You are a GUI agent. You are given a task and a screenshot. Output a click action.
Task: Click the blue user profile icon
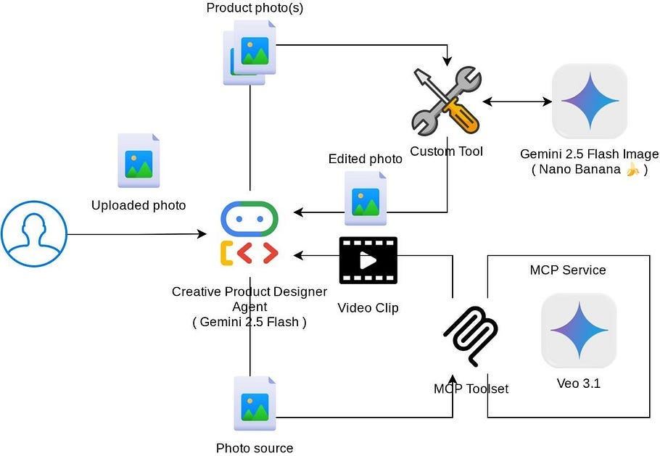click(x=34, y=234)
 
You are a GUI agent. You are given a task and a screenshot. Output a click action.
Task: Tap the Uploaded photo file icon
click(x=139, y=160)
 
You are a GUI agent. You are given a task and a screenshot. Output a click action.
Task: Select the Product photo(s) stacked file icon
click(x=249, y=53)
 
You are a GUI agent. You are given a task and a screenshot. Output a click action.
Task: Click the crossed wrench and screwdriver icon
click(x=447, y=101)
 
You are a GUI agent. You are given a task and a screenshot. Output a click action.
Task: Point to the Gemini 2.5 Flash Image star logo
click(x=590, y=101)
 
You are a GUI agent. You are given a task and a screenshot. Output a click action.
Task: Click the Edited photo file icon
click(x=366, y=198)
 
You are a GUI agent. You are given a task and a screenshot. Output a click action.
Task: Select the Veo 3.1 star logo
click(x=579, y=331)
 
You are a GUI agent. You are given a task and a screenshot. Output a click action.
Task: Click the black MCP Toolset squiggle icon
click(x=471, y=336)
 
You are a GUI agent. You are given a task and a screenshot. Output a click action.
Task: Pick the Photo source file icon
click(x=255, y=403)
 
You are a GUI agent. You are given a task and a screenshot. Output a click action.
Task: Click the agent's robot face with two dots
click(x=249, y=219)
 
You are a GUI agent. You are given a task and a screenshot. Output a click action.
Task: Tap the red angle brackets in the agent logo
click(x=257, y=253)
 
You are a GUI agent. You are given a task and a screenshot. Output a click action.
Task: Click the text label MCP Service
click(x=568, y=270)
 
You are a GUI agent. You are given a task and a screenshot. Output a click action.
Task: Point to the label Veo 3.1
click(x=579, y=384)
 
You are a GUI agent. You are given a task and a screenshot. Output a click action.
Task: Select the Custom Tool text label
click(x=446, y=152)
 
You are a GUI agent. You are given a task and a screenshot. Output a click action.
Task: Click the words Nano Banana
click(x=579, y=169)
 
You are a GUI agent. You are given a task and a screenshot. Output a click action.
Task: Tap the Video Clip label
click(x=368, y=308)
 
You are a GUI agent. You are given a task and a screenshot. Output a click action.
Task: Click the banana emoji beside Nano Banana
click(x=632, y=170)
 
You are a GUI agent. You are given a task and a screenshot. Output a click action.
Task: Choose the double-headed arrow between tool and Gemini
click(x=517, y=101)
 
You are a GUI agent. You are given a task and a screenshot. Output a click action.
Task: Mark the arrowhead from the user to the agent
click(x=202, y=234)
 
